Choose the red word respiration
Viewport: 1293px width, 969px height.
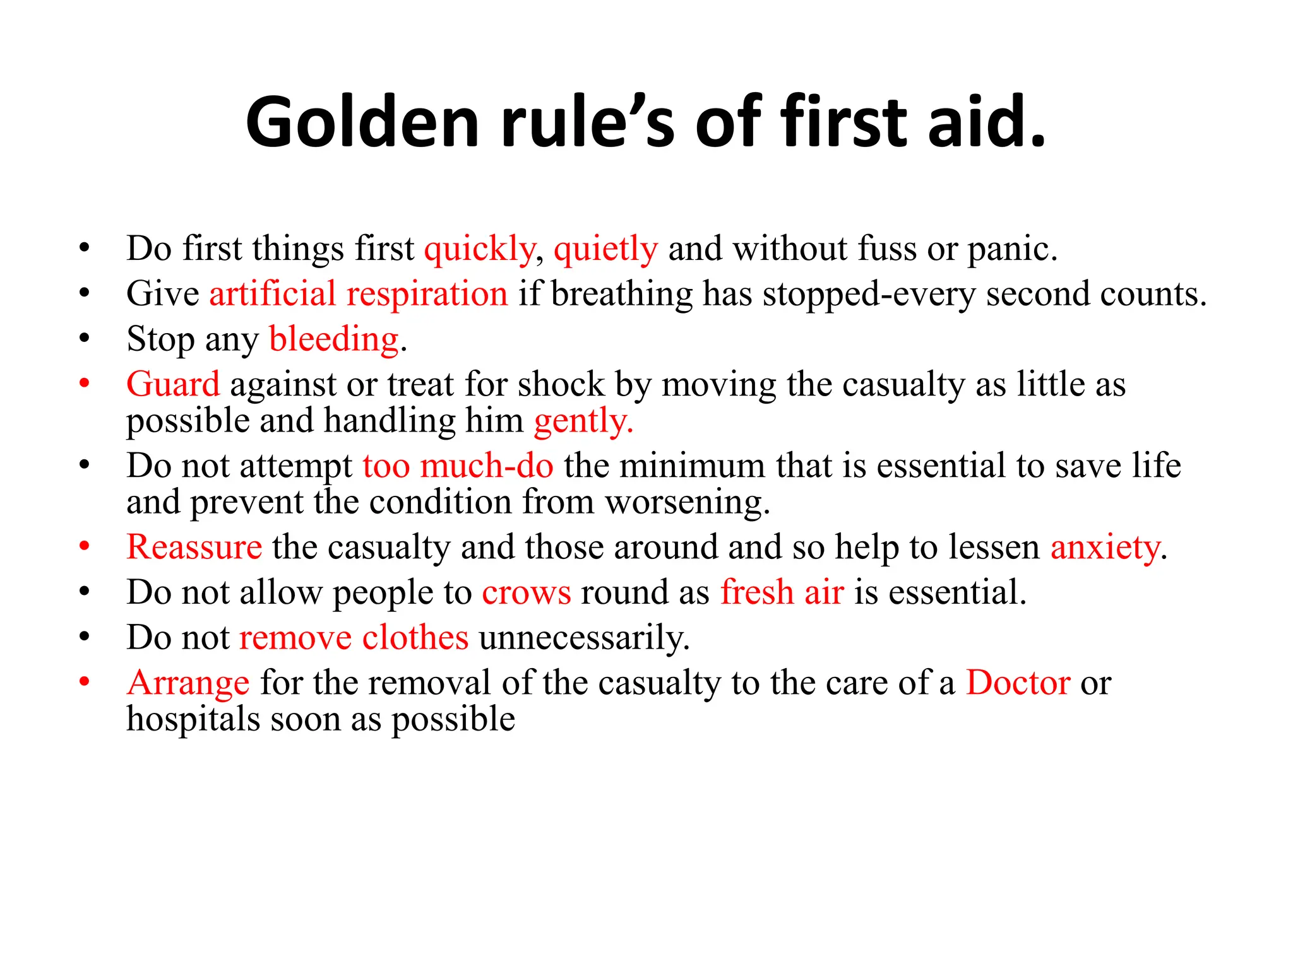pyautogui.click(x=427, y=295)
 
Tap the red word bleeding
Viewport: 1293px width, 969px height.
pyautogui.click(x=334, y=339)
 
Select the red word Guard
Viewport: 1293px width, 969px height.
pyautogui.click(x=173, y=384)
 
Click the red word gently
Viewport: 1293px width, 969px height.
pyautogui.click(x=582, y=421)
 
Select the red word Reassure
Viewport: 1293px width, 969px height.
pyautogui.click(x=194, y=547)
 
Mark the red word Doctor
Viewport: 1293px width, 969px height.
pyautogui.click(x=1018, y=683)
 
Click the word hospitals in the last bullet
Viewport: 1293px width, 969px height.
pyautogui.click(x=193, y=719)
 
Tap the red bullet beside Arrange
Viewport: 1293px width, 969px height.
pyautogui.click(x=85, y=682)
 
